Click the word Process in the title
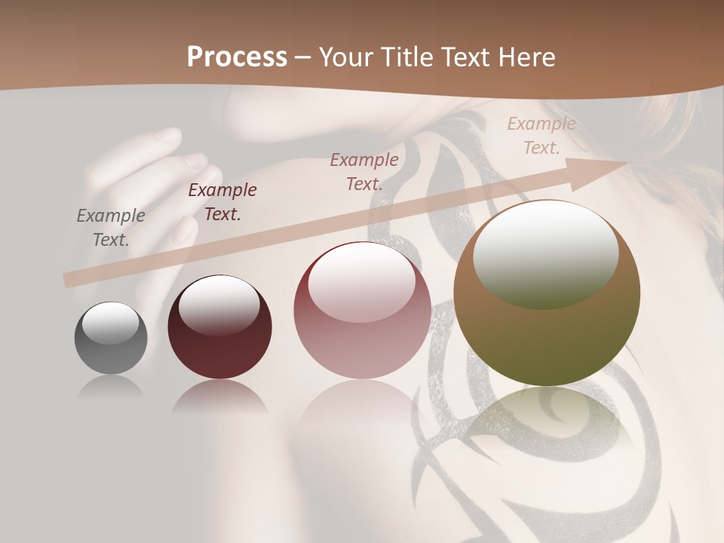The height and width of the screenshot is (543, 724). point(237,57)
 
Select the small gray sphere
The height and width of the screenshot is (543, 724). point(111,339)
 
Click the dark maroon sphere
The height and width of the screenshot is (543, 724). point(219,327)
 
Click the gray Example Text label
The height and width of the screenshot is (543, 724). point(111,228)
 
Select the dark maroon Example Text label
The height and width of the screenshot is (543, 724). point(222,202)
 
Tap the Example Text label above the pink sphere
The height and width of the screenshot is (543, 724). point(364,171)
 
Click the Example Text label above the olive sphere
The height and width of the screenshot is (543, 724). point(541,136)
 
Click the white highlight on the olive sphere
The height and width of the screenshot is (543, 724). point(546,254)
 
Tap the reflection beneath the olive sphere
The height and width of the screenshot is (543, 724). point(547,422)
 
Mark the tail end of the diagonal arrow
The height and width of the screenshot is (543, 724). point(69,280)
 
